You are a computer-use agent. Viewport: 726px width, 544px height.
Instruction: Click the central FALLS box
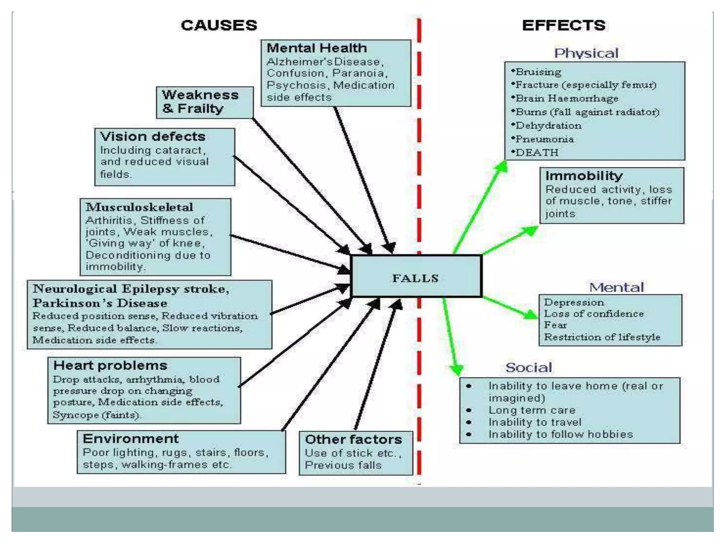click(416, 276)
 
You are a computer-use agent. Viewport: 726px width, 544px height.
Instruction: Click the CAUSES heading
click(219, 25)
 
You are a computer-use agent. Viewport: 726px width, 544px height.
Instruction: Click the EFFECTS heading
click(564, 25)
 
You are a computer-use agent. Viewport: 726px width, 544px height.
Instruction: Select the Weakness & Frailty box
click(205, 102)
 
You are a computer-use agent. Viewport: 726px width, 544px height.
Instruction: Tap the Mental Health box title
click(317, 48)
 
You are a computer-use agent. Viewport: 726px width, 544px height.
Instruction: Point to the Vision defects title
click(153, 137)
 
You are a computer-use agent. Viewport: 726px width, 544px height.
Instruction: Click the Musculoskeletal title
click(139, 207)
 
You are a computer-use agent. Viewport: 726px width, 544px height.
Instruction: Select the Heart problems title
click(110, 365)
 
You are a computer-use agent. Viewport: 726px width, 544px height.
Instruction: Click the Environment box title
click(131, 439)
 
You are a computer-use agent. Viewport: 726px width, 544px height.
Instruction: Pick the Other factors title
click(353, 440)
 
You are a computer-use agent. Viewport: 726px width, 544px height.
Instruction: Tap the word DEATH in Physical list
click(537, 153)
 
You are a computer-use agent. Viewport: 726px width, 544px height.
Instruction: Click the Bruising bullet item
click(538, 72)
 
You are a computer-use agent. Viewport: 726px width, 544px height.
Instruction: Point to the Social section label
click(529, 368)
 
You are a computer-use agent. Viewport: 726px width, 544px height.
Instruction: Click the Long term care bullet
click(532, 410)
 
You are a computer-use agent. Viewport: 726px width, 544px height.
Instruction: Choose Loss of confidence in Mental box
click(594, 314)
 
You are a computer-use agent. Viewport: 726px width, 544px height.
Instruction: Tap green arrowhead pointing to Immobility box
click(530, 231)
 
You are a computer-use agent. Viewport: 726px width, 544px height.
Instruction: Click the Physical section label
click(586, 53)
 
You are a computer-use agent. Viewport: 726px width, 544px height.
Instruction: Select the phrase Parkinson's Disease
click(100, 304)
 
